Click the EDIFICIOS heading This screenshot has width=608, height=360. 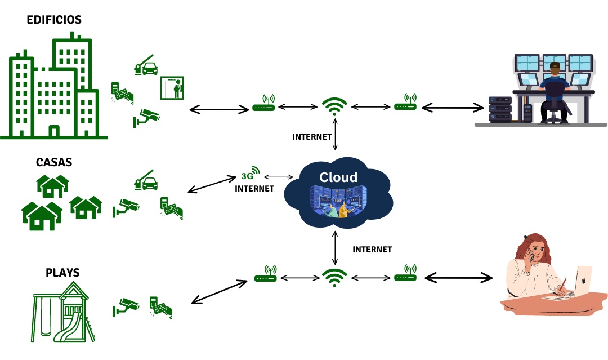pos(54,20)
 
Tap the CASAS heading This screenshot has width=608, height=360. pos(53,162)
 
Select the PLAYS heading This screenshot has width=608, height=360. pos(62,273)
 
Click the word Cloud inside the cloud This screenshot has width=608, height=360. pos(338,177)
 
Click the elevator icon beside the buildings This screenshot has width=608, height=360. pos(172,88)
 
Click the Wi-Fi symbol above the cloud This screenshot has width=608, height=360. pos(334,106)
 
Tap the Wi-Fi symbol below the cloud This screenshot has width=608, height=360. pos(334,277)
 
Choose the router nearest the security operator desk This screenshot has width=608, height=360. pos(405,103)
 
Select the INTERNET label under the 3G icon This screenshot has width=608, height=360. pos(254,189)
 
